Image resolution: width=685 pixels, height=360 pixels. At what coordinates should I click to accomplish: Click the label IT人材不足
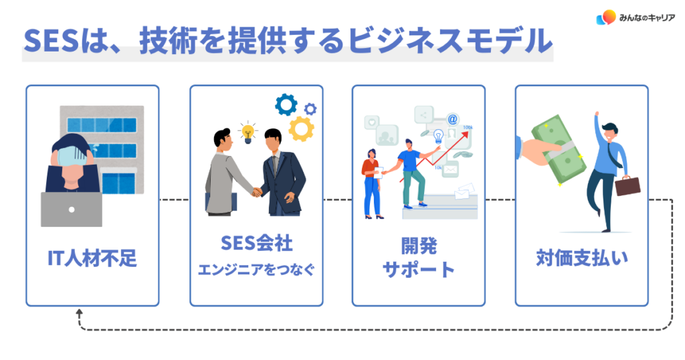92,258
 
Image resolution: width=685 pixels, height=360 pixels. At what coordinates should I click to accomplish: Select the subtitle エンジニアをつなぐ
256,270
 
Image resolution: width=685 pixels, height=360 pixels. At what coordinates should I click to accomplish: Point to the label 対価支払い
582,258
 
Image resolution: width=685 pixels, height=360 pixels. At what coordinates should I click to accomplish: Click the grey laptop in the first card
72,209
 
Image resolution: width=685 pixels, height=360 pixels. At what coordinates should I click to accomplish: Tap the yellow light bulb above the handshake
248,131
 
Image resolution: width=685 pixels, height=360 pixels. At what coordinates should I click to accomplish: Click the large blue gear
286,104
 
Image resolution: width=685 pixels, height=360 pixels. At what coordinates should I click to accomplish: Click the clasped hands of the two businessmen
256,192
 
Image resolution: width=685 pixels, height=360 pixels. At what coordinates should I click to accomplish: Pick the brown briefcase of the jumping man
627,185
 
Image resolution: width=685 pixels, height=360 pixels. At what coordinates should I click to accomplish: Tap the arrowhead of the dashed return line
79,312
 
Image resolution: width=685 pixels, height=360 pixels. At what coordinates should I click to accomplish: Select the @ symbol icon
453,120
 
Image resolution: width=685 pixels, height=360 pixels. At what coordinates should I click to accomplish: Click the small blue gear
310,108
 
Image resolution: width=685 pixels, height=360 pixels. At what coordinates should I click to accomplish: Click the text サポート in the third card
418,270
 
